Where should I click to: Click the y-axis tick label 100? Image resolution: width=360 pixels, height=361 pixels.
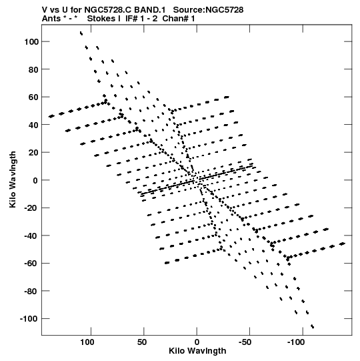(x=31, y=41)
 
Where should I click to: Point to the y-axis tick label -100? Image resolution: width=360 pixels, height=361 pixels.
(x=29, y=319)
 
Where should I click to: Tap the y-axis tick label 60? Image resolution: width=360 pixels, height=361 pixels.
(x=33, y=97)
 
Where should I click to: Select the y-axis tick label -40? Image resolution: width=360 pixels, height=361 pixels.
(x=31, y=236)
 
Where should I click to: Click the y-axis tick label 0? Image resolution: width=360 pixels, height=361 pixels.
(x=35, y=180)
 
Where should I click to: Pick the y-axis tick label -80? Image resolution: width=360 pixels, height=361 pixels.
(x=31, y=291)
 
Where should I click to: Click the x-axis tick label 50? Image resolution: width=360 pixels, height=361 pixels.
(x=142, y=342)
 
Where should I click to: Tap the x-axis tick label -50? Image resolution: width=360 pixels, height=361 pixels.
(x=245, y=342)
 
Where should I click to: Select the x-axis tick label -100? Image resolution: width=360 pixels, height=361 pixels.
(x=296, y=342)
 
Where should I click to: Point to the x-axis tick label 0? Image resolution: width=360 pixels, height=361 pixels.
(x=197, y=342)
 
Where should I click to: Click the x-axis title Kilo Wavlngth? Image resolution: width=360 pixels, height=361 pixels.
(x=197, y=351)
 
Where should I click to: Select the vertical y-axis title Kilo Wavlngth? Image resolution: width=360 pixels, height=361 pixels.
(x=13, y=179)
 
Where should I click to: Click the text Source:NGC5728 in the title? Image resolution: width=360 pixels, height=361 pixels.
(x=208, y=10)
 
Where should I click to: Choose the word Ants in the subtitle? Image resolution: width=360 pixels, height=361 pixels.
(x=51, y=19)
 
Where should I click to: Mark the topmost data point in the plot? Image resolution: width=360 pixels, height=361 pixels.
(x=81, y=33)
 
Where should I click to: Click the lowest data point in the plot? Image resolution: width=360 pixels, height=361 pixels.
(x=313, y=326)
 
